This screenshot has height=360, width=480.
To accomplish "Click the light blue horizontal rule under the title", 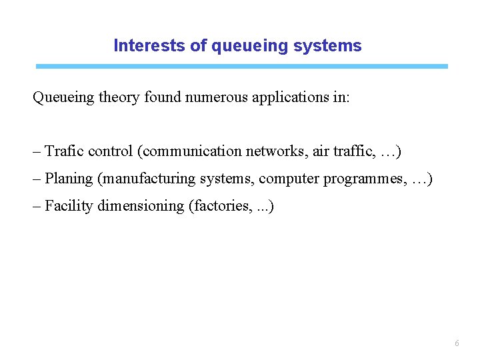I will point(241,67).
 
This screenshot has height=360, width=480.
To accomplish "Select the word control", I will point(111,151).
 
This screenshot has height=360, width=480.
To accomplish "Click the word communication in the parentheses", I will point(192,151).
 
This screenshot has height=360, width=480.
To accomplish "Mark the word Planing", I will point(69,179).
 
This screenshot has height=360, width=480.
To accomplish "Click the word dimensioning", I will point(141,206).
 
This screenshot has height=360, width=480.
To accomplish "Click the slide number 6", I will point(456,343).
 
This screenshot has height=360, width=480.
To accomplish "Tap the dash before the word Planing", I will point(37,179).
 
